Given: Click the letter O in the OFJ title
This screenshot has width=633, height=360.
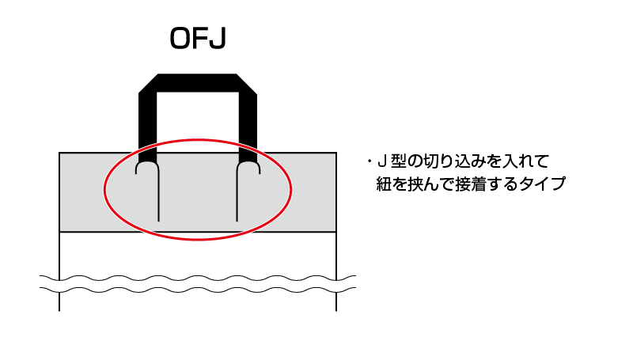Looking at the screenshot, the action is [x=180, y=39].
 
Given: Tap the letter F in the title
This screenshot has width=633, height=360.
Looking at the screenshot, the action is [x=200, y=39].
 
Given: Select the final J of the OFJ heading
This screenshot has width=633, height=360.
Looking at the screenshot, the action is [x=217, y=39].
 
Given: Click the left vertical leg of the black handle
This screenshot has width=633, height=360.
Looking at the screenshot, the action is [x=147, y=126].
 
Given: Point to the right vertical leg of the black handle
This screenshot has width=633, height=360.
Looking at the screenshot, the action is [x=248, y=126].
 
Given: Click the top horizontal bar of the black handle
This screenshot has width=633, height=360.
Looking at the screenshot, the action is [x=197, y=83].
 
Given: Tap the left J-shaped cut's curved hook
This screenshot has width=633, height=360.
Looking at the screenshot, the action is [x=146, y=165].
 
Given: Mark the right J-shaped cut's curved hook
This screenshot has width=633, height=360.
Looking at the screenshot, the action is [x=248, y=165].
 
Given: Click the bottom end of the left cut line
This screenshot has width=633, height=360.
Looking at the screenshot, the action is [x=159, y=222].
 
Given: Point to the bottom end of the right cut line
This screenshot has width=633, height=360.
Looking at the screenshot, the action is [x=237, y=222].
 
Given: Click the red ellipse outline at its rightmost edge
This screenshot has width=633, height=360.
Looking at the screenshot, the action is [x=291, y=190].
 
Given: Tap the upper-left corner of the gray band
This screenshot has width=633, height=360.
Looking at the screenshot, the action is [x=59, y=153].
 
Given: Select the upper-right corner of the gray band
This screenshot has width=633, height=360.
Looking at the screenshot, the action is [x=336, y=153].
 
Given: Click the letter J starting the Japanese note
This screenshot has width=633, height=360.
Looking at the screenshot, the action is [x=381, y=162].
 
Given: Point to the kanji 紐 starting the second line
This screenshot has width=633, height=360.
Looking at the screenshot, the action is [x=384, y=184].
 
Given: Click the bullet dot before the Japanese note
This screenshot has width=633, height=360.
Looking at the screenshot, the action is [x=369, y=162].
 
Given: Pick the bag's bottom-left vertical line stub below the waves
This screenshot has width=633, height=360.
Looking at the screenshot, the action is [x=59, y=301].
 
